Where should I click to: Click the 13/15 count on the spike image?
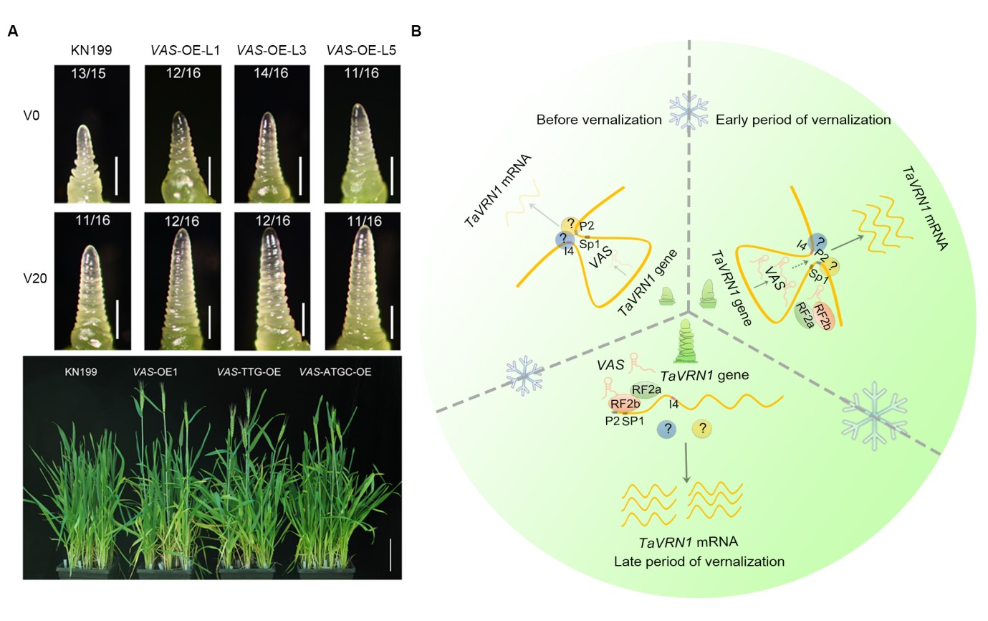(x=91, y=74)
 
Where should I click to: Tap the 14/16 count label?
(x=272, y=74)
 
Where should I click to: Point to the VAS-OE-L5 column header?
(x=361, y=51)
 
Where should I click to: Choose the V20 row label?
(x=34, y=278)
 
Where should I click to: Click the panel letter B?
(x=416, y=32)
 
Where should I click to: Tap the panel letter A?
(x=12, y=32)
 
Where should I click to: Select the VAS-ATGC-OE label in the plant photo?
(x=336, y=372)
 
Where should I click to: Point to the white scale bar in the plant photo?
(x=390, y=555)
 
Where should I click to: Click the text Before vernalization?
(x=598, y=120)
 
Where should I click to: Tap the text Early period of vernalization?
(x=803, y=120)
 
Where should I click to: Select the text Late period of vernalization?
(x=699, y=561)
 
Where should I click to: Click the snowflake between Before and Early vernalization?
(x=688, y=110)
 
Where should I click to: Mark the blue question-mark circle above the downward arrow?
(x=668, y=430)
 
